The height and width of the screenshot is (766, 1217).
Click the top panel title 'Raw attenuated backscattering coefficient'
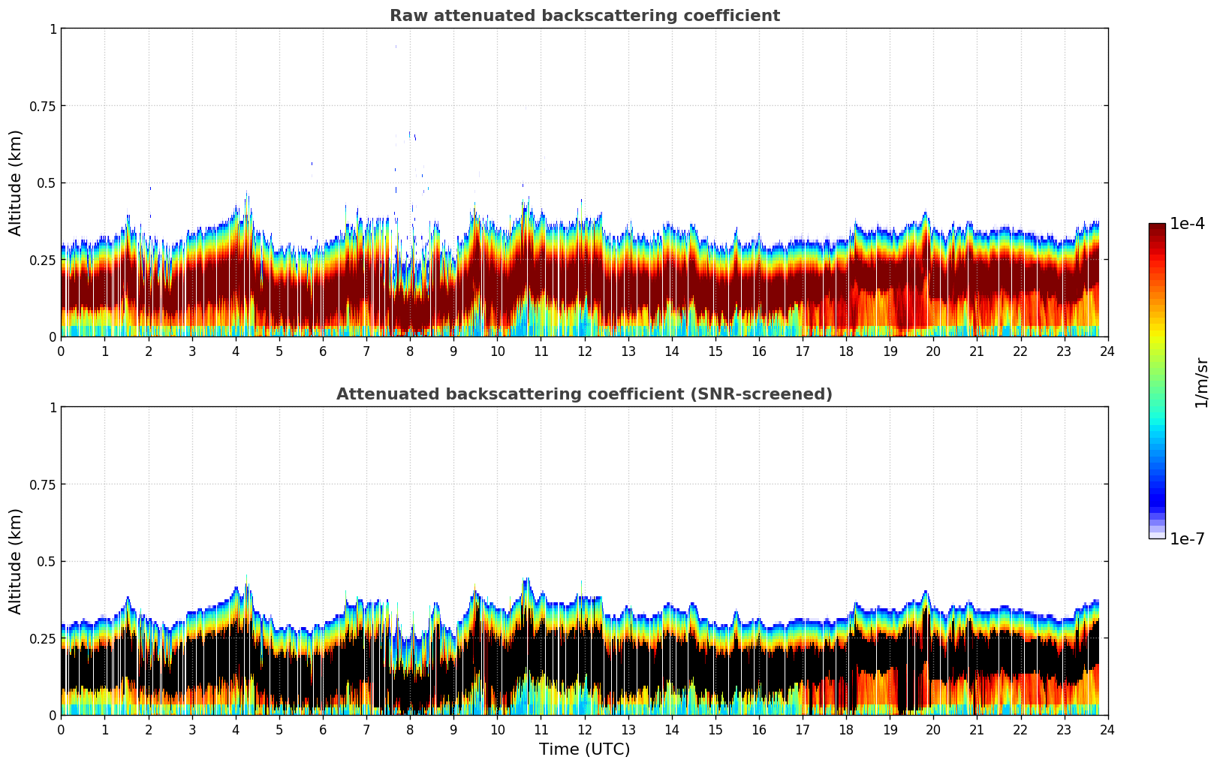point(584,16)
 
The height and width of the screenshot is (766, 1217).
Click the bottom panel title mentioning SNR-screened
point(584,394)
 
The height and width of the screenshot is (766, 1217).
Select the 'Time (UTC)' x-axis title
point(584,749)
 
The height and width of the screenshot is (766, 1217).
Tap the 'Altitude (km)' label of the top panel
point(16,182)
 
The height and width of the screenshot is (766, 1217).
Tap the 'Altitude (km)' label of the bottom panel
point(16,561)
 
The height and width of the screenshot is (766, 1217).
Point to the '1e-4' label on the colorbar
point(1187,224)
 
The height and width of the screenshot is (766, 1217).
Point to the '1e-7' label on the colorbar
point(1187,538)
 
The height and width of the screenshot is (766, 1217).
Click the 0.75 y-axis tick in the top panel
point(43,106)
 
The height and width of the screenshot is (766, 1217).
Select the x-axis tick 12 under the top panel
point(584,351)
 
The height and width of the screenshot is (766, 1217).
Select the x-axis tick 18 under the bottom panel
point(846,729)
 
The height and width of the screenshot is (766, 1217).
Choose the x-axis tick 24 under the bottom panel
point(1107,729)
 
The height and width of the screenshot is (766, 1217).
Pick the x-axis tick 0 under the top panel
point(62,351)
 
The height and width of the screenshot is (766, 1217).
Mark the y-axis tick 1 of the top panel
point(53,29)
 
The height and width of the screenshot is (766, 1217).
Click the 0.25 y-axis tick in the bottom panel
point(43,638)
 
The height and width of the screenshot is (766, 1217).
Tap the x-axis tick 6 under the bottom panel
point(323,729)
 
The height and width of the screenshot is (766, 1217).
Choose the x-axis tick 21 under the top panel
point(977,351)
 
